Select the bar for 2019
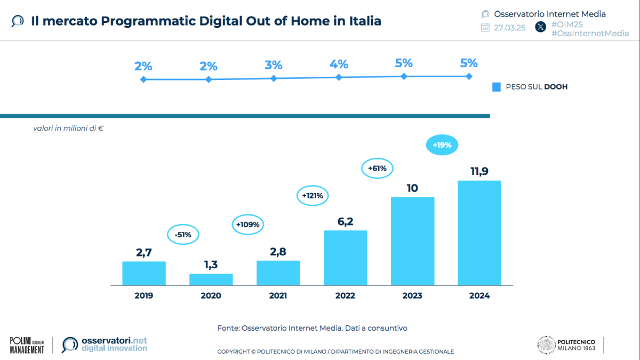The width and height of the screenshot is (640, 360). pos(144,273)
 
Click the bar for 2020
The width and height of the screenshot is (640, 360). pos(211,279)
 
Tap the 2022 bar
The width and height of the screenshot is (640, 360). pos(346,258)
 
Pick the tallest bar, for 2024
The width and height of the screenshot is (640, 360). pos(479,233)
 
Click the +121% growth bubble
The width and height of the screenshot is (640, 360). pos(313,196)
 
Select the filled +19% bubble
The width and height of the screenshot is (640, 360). pos(442,145)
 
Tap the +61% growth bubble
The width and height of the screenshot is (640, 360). pos(377,168)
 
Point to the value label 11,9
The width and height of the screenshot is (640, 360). pos(479,172)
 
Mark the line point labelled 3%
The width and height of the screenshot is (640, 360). pos(274,78)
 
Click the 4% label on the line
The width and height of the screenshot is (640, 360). pos(339,65)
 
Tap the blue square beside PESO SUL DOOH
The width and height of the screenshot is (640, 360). pos(497,87)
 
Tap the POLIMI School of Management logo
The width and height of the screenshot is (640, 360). pos(27,345)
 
